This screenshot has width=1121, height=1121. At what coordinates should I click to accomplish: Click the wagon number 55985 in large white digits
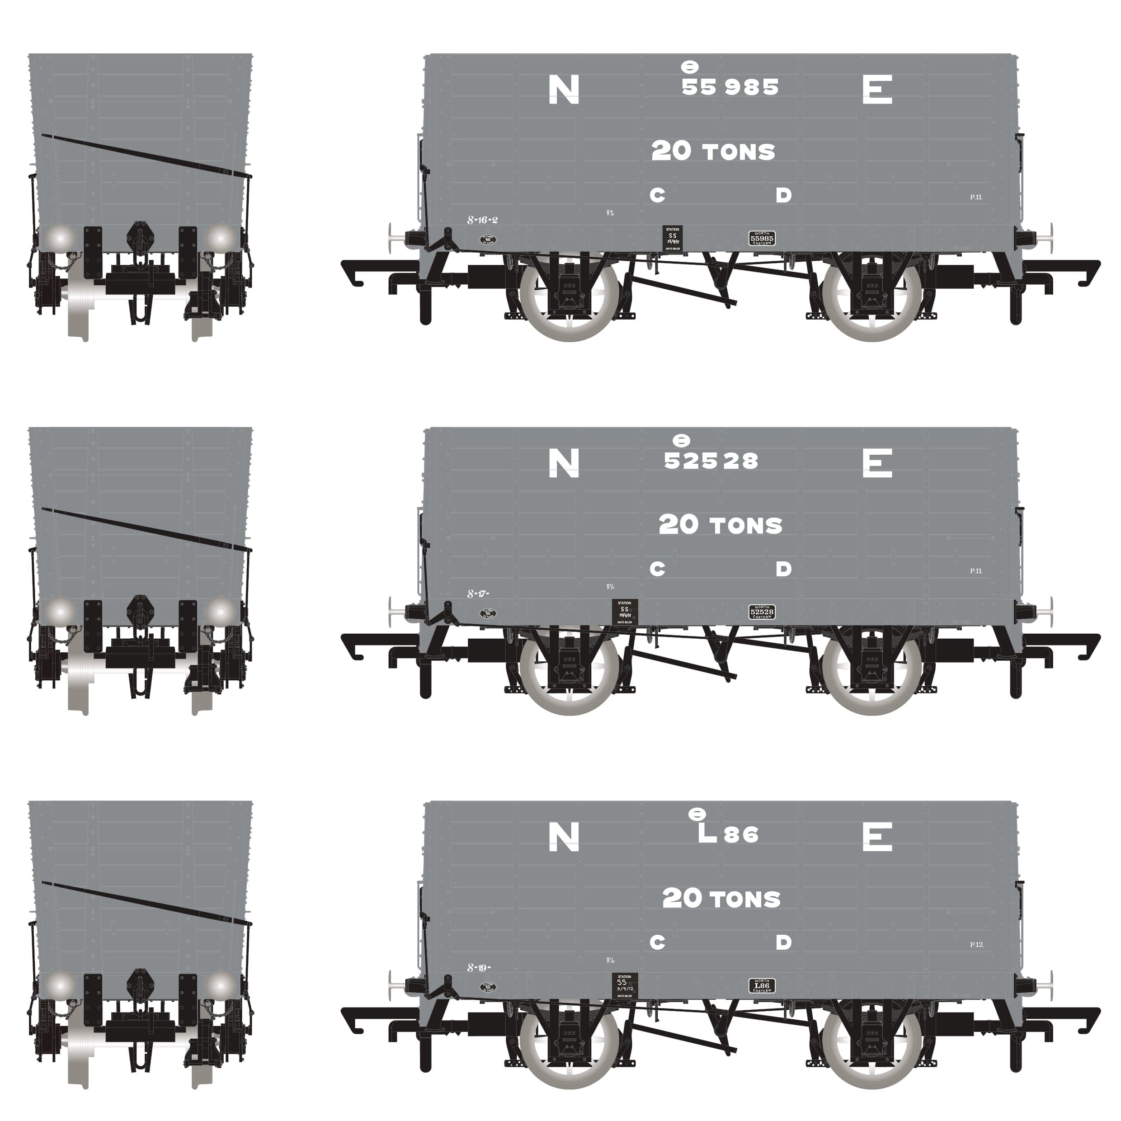pyautogui.click(x=730, y=87)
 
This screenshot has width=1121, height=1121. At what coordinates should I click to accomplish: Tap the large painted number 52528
pyautogui.click(x=711, y=461)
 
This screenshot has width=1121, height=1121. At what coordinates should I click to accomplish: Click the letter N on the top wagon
pyautogui.click(x=563, y=90)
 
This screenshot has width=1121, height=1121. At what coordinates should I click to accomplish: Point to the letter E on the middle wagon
pyautogui.click(x=877, y=464)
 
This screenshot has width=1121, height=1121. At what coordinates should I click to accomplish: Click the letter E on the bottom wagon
pyautogui.click(x=877, y=837)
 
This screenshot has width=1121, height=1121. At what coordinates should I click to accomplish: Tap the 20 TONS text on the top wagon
pyautogui.click(x=713, y=151)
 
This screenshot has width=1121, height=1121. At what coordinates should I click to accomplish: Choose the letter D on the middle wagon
pyautogui.click(x=783, y=569)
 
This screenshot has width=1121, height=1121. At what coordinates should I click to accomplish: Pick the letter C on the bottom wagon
pyautogui.click(x=657, y=943)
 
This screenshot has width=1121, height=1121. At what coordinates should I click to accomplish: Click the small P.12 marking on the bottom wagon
pyautogui.click(x=976, y=945)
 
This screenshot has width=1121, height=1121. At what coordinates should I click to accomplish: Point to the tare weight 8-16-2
pyautogui.click(x=483, y=221)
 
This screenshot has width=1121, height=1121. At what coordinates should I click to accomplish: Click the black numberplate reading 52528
pyautogui.click(x=762, y=612)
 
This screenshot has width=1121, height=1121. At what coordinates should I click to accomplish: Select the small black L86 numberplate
pyautogui.click(x=762, y=986)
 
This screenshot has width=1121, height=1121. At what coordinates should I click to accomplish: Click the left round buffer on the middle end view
pyautogui.click(x=60, y=612)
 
